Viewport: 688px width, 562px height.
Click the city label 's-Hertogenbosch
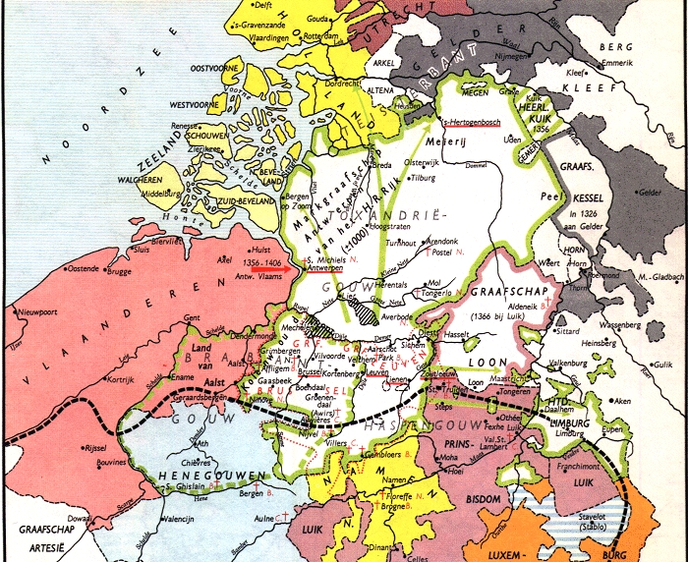(475, 122)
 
